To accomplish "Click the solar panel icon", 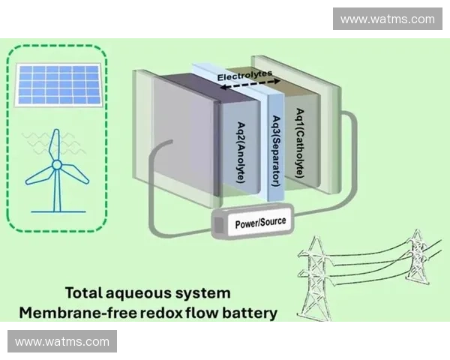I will [x=59, y=84].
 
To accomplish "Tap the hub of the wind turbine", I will [x=56, y=164].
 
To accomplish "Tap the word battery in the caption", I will [x=251, y=312].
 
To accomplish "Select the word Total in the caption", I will [x=83, y=292].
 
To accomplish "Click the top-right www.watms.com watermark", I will [x=387, y=19].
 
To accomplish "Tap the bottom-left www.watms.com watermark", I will [x=62, y=342].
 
